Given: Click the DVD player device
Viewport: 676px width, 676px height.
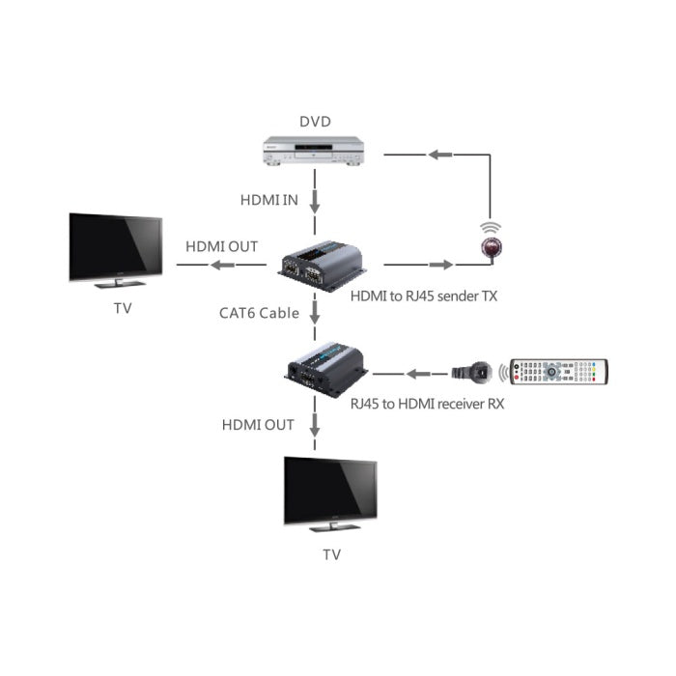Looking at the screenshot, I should (315, 151).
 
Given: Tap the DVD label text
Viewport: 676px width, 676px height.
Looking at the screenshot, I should (315, 122).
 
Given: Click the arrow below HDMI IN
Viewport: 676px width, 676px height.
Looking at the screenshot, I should (315, 202).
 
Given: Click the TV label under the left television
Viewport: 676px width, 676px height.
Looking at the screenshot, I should (122, 309).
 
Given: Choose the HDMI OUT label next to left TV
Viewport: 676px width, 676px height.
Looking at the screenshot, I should (222, 245).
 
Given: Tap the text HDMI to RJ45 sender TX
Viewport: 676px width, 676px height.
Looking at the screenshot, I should (426, 297).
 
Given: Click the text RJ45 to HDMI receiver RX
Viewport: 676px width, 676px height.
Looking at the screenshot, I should (426, 404).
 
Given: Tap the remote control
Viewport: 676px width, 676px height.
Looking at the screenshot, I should (559, 372).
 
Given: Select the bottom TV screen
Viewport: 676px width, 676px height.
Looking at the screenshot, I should (330, 491).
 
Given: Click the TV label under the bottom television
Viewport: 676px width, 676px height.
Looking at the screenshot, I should (331, 554).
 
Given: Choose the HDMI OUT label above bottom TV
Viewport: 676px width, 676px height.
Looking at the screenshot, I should (258, 424).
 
